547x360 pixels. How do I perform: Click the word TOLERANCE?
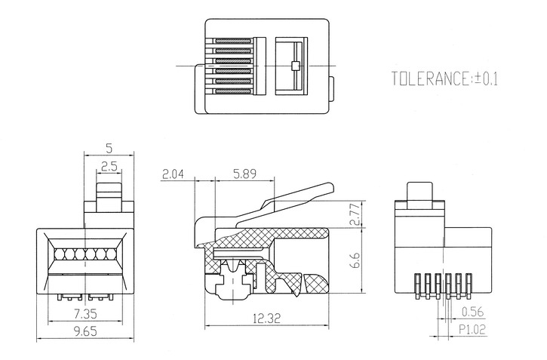(x=431, y=78)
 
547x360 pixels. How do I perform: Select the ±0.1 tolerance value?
(x=485, y=78)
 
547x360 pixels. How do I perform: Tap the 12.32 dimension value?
(x=266, y=318)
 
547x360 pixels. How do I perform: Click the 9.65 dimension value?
(x=85, y=331)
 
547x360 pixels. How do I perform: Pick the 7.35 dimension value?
(x=85, y=314)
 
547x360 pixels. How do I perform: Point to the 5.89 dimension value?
(x=244, y=174)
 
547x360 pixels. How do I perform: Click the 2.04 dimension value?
(x=173, y=174)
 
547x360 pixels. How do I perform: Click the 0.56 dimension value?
(x=473, y=312)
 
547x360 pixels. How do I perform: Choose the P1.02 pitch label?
(x=472, y=330)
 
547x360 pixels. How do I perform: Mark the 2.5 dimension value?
(x=109, y=166)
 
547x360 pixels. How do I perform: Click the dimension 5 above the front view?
(x=109, y=149)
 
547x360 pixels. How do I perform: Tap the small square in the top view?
(x=295, y=66)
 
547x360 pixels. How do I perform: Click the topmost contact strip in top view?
(x=233, y=41)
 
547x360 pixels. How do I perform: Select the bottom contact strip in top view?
(x=233, y=91)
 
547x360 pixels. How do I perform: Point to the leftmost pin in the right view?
(x=417, y=286)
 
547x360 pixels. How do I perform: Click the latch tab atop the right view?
(x=419, y=195)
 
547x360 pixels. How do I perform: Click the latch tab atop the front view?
(x=109, y=197)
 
